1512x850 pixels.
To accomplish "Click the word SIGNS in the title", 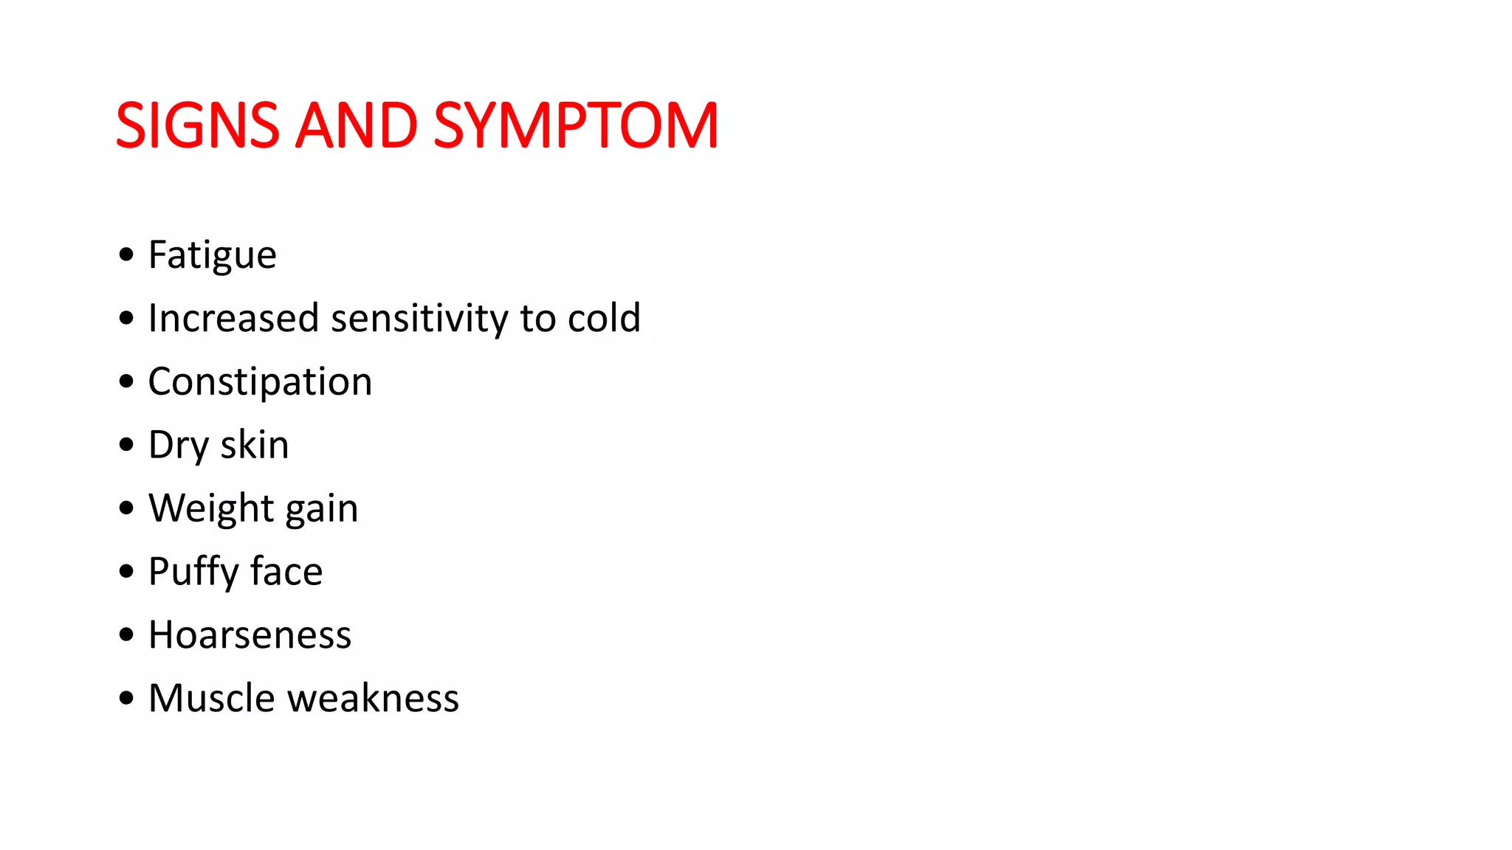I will click(197, 125).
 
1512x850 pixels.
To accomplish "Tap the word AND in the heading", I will click(357, 125).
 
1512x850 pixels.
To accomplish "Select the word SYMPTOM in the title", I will click(576, 125).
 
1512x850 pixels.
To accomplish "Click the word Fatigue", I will click(212, 255).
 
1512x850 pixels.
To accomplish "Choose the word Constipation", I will click(260, 382).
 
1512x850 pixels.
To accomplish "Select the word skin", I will click(255, 445).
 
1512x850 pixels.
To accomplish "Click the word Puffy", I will click(193, 573).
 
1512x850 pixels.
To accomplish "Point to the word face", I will click(286, 572).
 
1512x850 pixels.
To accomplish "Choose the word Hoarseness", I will click(250, 635).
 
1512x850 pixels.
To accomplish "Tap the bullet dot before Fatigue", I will click(126, 255).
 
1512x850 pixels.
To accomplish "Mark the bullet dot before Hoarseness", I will click(126, 635).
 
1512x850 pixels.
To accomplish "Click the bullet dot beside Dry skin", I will click(126, 444).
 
